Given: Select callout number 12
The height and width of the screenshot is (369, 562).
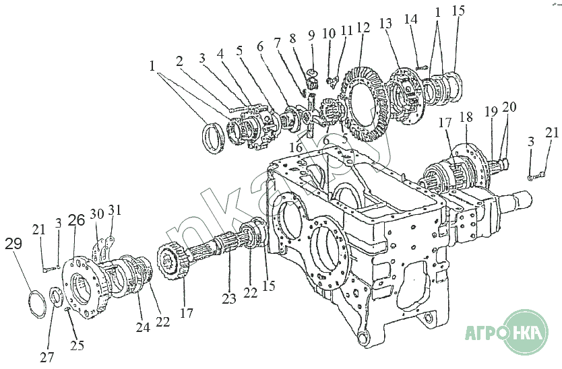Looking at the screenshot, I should [363, 28].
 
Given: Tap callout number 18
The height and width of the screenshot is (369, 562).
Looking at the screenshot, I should [466, 116].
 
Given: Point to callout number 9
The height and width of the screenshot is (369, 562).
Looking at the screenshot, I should [311, 34].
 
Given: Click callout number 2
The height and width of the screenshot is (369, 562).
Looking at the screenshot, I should [180, 61].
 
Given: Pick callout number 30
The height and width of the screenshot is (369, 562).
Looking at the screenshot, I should [96, 213].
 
